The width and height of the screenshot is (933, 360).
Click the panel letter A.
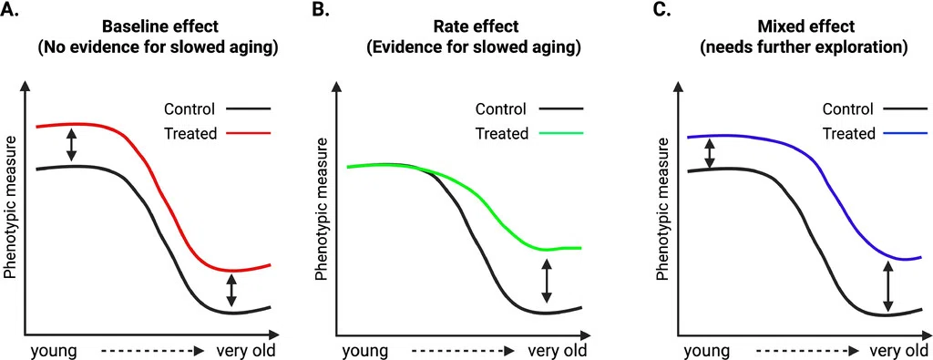pos(9,10)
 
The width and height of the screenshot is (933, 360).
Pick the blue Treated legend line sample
pos(905,133)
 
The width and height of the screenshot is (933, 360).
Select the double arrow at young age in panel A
pos(71,145)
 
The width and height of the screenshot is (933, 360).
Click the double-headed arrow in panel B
pos(545,282)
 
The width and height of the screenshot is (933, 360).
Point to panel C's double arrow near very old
pos(887,287)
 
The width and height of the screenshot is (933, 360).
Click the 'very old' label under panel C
pos(898,351)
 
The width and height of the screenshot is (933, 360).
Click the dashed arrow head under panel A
pos(200,351)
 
